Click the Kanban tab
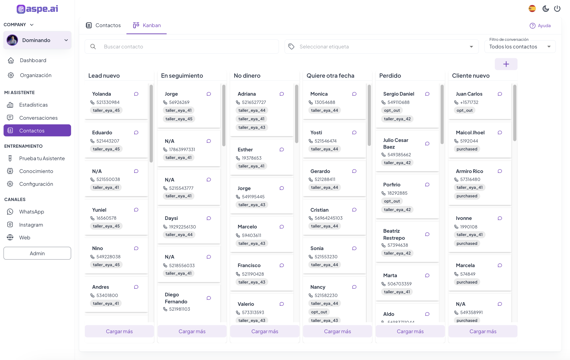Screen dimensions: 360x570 pyautogui.click(x=147, y=25)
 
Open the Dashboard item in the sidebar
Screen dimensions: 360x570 pyautogui.click(x=33, y=60)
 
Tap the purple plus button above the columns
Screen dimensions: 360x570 pyautogui.click(x=506, y=64)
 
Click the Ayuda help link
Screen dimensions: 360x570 pyautogui.click(x=540, y=26)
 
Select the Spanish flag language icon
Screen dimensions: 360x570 pyautogui.click(x=532, y=9)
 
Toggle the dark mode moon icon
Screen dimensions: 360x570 pyautogui.click(x=546, y=9)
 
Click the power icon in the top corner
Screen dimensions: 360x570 pyautogui.click(x=557, y=9)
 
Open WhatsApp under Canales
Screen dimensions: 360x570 pyautogui.click(x=31, y=212)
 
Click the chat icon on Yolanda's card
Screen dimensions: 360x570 pyautogui.click(x=136, y=94)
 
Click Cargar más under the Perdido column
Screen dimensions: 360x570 pyautogui.click(x=410, y=331)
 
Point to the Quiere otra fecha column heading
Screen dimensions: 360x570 pyautogui.click(x=330, y=76)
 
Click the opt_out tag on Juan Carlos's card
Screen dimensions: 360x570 pyautogui.click(x=464, y=110)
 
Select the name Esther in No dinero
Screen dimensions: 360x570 pyautogui.click(x=245, y=150)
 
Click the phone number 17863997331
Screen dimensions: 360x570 pyautogui.click(x=182, y=150)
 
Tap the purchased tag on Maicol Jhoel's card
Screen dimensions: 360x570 pyautogui.click(x=467, y=149)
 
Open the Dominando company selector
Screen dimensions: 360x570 pyautogui.click(x=37, y=40)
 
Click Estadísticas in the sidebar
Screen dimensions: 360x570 pyautogui.click(x=33, y=105)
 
